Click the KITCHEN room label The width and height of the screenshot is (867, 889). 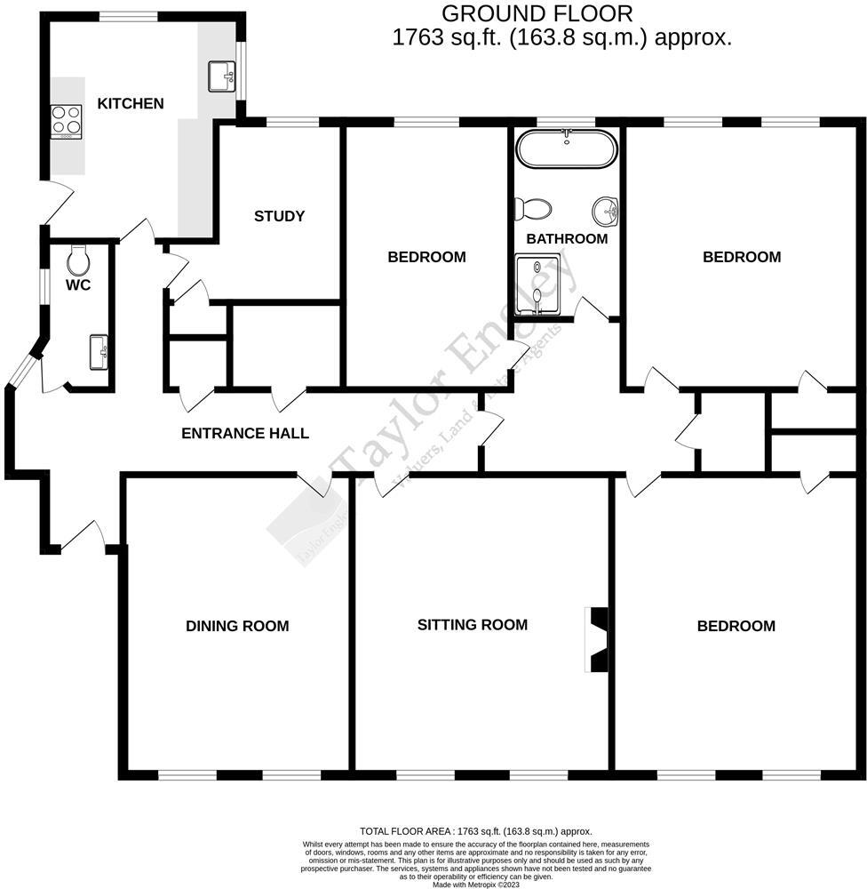click(130, 104)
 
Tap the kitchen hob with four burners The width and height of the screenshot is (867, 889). click(67, 120)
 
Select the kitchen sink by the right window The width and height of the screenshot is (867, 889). click(221, 76)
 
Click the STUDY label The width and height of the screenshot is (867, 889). click(279, 216)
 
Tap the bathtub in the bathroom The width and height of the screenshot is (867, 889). click(567, 149)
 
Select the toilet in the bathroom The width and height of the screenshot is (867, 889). click(532, 209)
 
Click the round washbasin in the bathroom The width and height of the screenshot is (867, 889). click(605, 211)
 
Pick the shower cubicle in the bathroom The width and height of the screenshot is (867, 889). click(538, 284)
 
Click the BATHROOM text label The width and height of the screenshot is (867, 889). click(567, 239)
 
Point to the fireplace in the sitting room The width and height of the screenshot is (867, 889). click(598, 640)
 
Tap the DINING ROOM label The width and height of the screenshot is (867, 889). click(237, 626)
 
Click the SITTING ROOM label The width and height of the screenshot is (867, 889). click(473, 625)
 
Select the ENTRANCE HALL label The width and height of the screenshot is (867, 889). click(245, 434)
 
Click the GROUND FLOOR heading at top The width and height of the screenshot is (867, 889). click(537, 13)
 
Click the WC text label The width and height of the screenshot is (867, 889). click(79, 286)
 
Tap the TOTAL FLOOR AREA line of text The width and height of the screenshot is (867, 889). click(475, 831)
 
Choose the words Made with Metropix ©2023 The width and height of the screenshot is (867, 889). click(475, 885)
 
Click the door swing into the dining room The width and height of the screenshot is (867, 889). click(314, 485)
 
